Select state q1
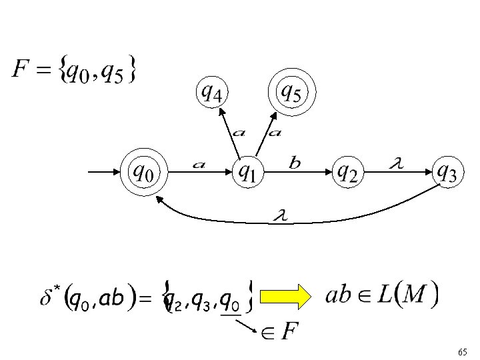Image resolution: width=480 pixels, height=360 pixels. pos(247,173)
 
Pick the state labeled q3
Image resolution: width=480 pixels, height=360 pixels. pos(446,173)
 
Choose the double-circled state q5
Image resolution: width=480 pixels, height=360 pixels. pos(291,92)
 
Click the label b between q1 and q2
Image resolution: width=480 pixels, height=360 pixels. pos(295,162)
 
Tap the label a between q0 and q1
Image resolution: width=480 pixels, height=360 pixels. pos(198,164)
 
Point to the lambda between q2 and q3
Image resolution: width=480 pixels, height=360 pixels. pos(396,162)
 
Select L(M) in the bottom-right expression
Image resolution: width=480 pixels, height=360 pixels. pos(402,294)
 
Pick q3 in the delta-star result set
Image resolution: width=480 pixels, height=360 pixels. pos(202,302)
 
